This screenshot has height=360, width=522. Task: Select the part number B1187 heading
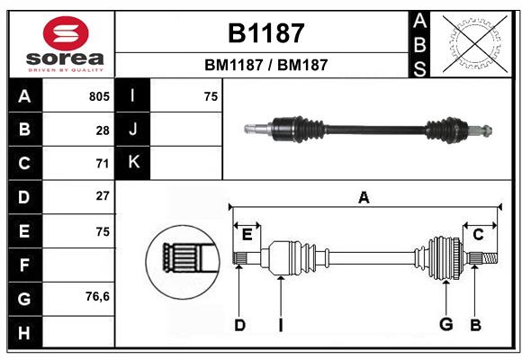(265, 34)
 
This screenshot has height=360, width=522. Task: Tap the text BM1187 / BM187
(265, 65)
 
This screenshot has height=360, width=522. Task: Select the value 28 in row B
(103, 130)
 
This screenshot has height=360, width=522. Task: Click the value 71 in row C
(103, 164)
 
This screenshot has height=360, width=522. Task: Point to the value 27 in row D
(103, 196)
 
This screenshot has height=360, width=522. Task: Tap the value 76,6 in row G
(97, 296)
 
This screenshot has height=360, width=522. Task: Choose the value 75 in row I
(211, 96)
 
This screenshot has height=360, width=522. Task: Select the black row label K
(133, 163)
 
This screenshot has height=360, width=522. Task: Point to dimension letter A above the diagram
(364, 198)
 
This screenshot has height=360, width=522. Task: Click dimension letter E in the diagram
(247, 235)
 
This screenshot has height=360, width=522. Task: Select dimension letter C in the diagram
(478, 235)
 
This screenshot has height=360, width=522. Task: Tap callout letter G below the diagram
(445, 325)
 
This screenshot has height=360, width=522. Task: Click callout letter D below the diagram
(239, 325)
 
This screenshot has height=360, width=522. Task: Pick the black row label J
(133, 130)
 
